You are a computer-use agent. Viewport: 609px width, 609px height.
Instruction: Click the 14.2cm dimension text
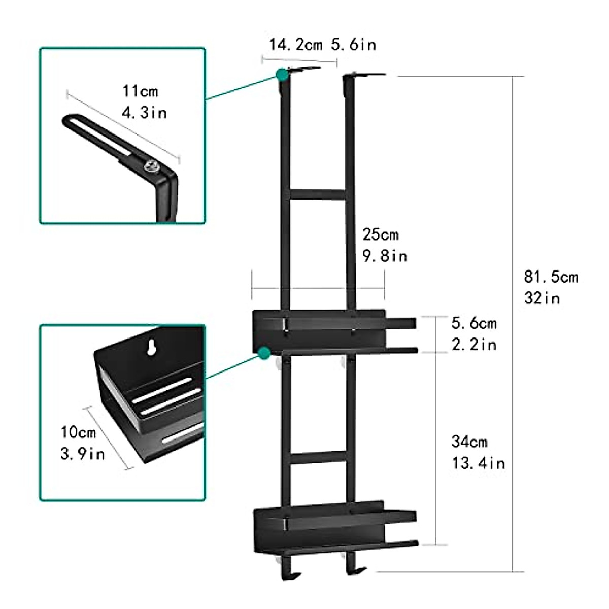(x=295, y=45)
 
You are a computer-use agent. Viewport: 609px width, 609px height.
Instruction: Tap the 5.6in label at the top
(x=354, y=45)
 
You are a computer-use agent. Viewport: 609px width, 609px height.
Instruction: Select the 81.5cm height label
(x=551, y=277)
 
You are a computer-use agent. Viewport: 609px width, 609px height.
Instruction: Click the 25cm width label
(x=380, y=235)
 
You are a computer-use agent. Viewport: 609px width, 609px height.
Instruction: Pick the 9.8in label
(x=385, y=256)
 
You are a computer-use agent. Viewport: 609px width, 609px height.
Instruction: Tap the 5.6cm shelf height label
(x=474, y=323)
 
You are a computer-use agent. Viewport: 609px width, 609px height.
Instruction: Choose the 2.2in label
(x=474, y=345)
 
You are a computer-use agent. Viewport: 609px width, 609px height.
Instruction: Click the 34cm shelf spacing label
(x=469, y=442)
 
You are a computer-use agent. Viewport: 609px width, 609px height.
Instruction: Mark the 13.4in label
(x=478, y=463)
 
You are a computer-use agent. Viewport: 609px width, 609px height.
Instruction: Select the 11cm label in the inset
(x=140, y=91)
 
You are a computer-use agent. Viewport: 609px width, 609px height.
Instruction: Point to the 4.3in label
(x=145, y=112)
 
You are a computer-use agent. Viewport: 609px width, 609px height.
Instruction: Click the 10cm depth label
(x=78, y=432)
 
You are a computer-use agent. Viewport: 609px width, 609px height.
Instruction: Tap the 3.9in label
(x=82, y=453)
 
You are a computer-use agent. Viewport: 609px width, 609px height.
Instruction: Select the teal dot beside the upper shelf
(x=263, y=353)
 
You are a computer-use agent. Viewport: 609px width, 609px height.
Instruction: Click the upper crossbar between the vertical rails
(x=317, y=195)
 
